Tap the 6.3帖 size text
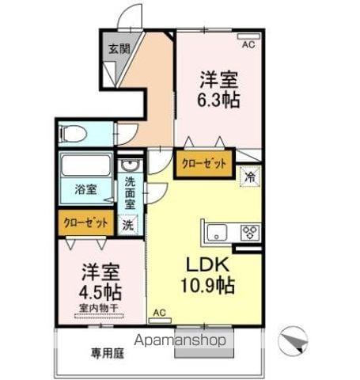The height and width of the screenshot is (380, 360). tap(219, 101)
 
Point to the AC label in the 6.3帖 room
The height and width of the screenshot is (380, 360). tap(248, 44)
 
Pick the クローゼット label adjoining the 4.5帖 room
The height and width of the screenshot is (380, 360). tap(85, 223)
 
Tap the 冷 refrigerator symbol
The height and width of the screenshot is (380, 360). tap(250, 177)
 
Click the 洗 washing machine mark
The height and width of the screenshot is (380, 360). tap(127, 224)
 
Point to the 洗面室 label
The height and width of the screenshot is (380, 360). tap(130, 193)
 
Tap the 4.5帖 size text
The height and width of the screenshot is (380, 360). tap(100, 291)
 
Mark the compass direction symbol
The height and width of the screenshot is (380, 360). tap(292, 342)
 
